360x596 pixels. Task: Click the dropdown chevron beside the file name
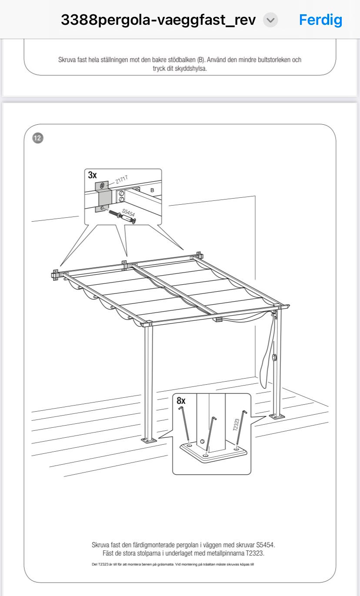click(x=270, y=20)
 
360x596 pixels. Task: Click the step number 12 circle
click(x=38, y=138)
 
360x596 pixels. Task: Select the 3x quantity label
click(x=92, y=175)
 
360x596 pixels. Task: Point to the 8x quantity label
click(x=181, y=400)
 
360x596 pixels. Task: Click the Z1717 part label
click(x=122, y=180)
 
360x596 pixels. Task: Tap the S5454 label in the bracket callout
click(x=128, y=212)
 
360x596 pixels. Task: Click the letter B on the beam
click(x=152, y=190)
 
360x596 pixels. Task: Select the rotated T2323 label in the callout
click(x=236, y=425)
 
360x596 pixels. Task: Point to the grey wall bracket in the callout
click(x=103, y=196)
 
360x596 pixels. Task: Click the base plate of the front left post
click(x=149, y=440)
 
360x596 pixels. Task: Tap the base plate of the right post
click(x=277, y=416)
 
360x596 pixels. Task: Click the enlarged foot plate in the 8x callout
click(x=213, y=453)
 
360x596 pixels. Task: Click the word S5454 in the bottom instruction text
click(x=265, y=545)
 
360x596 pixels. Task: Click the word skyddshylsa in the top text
click(x=190, y=68)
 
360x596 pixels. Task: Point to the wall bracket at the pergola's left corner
click(x=55, y=275)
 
